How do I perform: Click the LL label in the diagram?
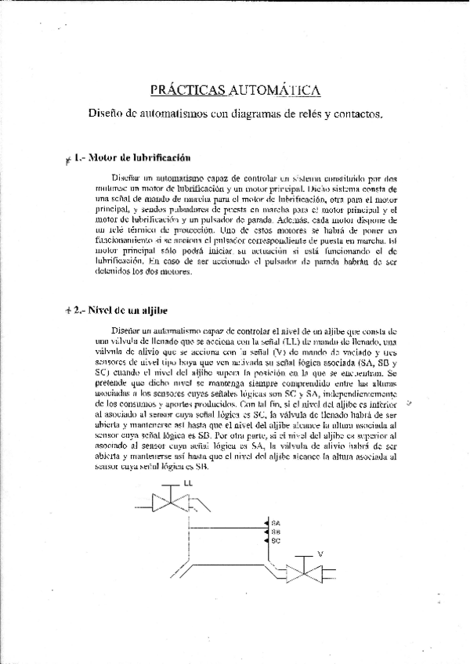point(187,483)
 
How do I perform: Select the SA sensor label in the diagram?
point(276,522)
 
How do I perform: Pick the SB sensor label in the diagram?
point(276,532)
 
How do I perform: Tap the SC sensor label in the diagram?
point(276,540)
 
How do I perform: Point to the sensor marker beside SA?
point(267,522)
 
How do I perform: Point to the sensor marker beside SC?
point(267,540)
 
